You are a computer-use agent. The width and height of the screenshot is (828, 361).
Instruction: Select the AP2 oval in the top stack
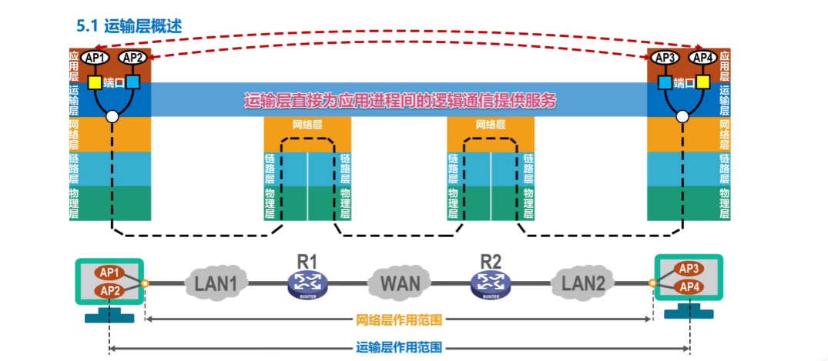(x=132, y=58)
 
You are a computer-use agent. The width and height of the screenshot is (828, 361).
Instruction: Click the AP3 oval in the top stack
(x=664, y=58)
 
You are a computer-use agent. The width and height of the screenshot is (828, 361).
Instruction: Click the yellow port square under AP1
(x=95, y=82)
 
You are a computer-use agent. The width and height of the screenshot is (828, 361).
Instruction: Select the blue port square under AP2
(x=132, y=82)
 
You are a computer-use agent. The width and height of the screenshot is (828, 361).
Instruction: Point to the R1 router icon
(x=307, y=284)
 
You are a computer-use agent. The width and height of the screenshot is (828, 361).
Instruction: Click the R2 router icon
(x=491, y=284)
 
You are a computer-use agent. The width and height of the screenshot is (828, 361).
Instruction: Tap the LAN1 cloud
(x=216, y=283)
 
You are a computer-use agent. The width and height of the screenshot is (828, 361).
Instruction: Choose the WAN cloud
(x=400, y=283)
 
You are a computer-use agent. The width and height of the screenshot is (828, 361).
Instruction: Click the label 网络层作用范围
(x=399, y=319)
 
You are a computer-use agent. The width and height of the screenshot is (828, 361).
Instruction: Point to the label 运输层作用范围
(x=399, y=348)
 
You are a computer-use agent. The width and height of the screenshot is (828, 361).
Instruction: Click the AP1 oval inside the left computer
(x=109, y=272)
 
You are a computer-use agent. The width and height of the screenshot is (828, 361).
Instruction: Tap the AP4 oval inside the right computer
(x=689, y=286)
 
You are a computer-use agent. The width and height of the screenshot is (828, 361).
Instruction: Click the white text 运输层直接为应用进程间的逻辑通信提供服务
(x=400, y=100)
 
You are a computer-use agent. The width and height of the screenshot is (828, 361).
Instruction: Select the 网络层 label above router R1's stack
(x=307, y=124)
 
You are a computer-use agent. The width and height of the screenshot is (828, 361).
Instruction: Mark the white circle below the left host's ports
(x=112, y=117)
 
